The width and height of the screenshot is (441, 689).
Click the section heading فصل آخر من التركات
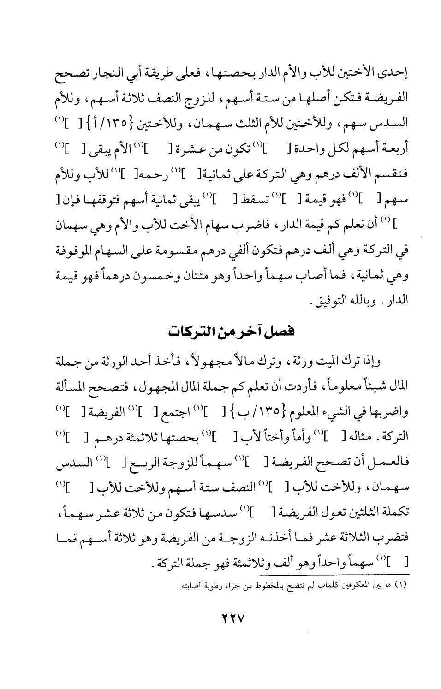click(x=229, y=332)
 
